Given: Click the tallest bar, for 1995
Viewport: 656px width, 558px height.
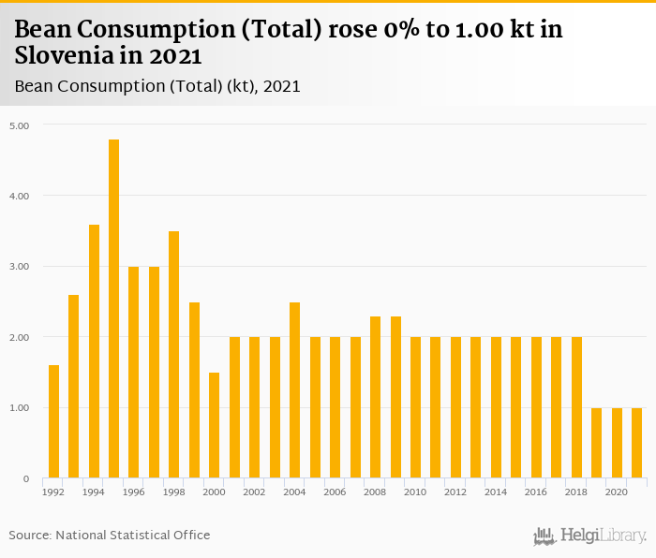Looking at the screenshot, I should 113,309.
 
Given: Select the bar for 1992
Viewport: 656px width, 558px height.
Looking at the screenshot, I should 53,421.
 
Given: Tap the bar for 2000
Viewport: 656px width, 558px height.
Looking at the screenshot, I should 215,425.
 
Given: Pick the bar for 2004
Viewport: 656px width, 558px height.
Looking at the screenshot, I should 294,390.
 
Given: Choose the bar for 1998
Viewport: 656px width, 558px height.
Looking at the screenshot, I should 174,355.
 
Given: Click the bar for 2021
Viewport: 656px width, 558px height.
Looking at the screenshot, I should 636,443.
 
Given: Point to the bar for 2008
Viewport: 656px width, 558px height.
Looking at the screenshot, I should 375,397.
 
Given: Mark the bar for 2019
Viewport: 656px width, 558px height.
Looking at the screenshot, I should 596,443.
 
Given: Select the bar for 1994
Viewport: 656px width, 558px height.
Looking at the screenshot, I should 94,351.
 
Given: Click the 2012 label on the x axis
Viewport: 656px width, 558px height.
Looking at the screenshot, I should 455,492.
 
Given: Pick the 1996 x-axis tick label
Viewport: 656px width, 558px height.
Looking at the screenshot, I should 134,492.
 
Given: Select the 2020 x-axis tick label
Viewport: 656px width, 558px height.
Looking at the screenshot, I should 616,492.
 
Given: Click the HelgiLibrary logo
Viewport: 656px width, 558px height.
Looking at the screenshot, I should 589,536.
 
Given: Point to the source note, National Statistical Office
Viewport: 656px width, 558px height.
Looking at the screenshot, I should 110,535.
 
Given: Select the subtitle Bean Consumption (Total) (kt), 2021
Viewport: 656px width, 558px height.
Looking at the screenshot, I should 157,86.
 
